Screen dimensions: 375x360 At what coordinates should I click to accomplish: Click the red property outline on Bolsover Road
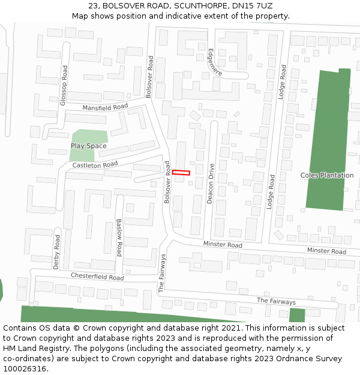pyautogui.click(x=181, y=173)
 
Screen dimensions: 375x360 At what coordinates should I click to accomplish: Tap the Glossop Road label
pyautogui.click(x=64, y=86)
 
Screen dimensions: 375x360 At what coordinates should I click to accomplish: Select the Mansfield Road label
pyautogui.click(x=105, y=107)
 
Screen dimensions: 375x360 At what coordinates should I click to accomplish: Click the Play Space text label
pyautogui.click(x=88, y=146)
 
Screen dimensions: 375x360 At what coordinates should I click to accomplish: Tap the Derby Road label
pyautogui.click(x=56, y=251)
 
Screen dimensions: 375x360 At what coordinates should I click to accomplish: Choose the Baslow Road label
pyautogui.click(x=119, y=237)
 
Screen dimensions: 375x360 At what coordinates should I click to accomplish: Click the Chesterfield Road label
pyautogui.click(x=97, y=277)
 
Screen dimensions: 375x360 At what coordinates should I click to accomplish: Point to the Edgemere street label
pyautogui.click(x=214, y=62)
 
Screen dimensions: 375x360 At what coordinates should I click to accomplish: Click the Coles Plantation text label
pyautogui.click(x=327, y=175)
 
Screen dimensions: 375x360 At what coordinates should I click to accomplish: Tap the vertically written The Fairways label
pyautogui.click(x=162, y=273)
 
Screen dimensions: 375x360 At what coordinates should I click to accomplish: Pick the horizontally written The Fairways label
pyautogui.click(x=276, y=301)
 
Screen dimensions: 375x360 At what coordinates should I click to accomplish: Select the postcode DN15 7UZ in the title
pyautogui.click(x=251, y=5)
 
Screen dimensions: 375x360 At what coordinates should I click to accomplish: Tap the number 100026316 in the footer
pyautogui.click(x=25, y=369)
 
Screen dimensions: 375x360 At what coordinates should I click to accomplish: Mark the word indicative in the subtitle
pyautogui.click(x=184, y=16)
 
